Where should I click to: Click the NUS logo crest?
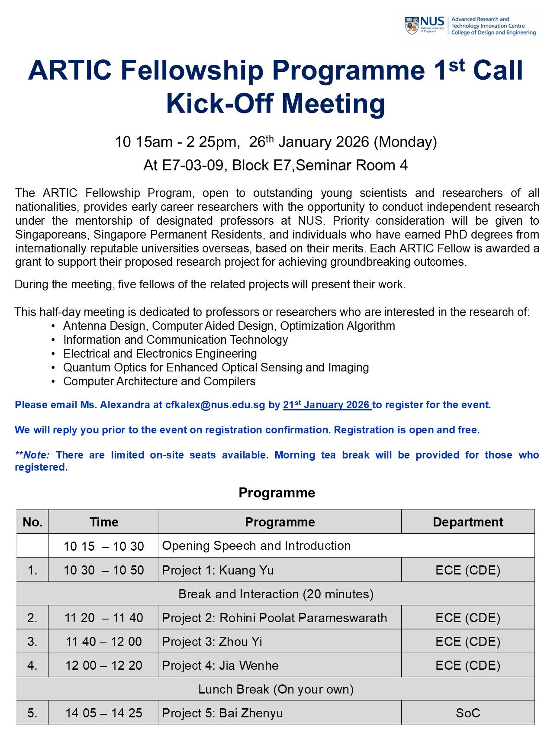point(412,26)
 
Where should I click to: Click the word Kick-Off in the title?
point(219,104)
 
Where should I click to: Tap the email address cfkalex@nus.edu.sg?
point(215,405)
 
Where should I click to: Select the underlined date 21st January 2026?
point(327,405)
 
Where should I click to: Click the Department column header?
point(467,522)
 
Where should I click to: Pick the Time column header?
point(104,522)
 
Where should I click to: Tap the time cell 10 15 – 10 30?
point(103,546)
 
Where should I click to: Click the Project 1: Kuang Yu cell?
point(218,570)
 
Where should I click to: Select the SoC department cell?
point(467,713)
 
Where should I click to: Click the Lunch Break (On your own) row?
point(276,689)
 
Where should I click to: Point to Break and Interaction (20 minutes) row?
point(276,594)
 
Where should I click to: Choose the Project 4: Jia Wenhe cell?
point(220,665)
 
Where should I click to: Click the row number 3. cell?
point(32,642)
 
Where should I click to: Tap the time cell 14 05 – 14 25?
point(103,713)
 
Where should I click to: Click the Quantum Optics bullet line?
point(216,368)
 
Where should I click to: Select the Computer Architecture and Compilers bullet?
point(159,381)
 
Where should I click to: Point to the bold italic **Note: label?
point(32,455)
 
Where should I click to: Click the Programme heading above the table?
point(277,493)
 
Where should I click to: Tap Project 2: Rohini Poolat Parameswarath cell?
point(274,618)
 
